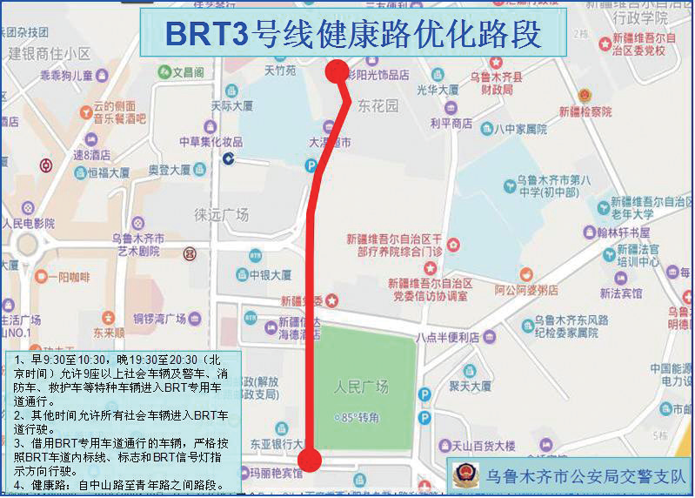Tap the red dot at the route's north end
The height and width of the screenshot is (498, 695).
point(337,72)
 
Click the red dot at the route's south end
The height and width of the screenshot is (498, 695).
point(309,460)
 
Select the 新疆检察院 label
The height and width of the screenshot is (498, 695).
point(585,111)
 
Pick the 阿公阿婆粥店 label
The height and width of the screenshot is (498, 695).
point(526,290)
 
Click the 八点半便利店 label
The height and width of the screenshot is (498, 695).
point(447,337)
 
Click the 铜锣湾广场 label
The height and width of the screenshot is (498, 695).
point(160,318)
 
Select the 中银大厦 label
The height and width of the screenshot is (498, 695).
point(270,275)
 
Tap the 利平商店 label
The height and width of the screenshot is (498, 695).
point(451,124)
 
